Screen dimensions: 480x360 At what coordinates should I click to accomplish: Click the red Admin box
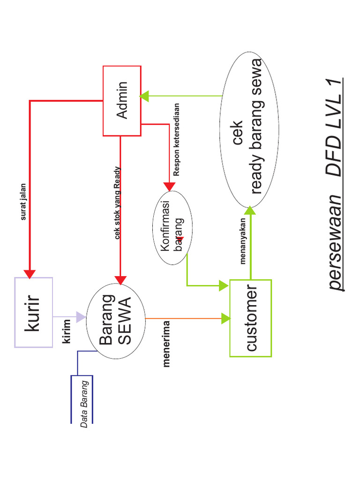[x=122, y=100]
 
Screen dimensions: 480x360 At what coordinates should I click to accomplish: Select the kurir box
[x=33, y=312]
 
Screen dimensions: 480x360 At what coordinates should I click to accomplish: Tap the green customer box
[x=250, y=318]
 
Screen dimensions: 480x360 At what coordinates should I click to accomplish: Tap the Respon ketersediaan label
[x=176, y=140]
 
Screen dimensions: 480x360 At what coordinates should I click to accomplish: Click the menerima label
[x=166, y=344]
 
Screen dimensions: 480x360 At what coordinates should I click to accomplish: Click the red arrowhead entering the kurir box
[x=30, y=273]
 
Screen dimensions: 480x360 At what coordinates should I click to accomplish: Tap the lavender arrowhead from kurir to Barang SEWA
[x=81, y=317]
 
